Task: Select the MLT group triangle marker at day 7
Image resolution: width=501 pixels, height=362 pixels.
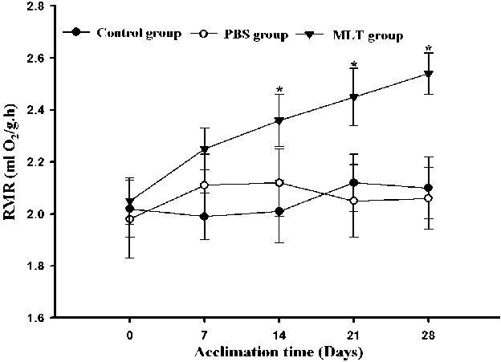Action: [205, 149]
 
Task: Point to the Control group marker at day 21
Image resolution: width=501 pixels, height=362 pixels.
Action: [354, 183]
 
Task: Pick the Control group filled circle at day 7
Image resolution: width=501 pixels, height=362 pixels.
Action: [205, 216]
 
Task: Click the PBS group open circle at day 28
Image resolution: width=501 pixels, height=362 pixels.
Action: [429, 198]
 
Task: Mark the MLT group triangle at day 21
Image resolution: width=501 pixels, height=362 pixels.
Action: [354, 97]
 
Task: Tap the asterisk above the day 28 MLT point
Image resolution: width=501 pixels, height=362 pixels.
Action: [429, 50]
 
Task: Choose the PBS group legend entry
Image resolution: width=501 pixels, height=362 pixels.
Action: [233, 35]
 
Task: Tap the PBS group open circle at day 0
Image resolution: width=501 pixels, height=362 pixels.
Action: [130, 219]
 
